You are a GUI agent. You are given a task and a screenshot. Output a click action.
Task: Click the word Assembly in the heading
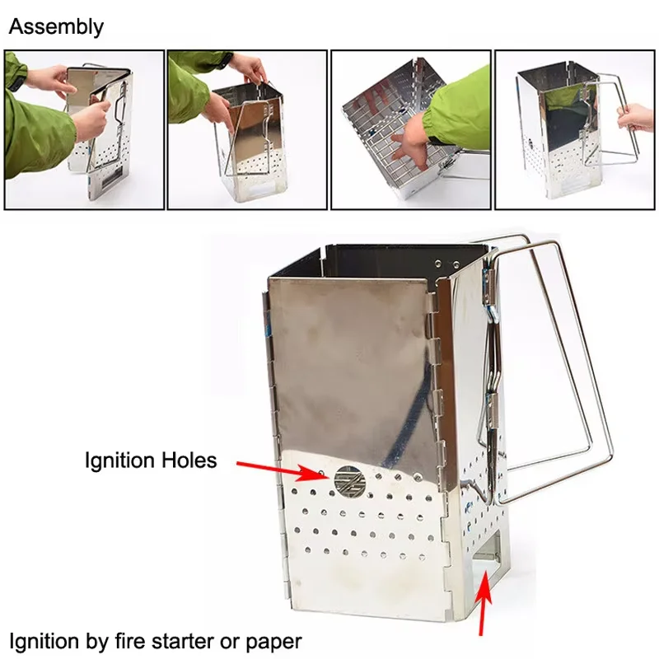click(56, 28)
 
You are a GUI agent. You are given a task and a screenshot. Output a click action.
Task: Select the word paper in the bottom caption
click(273, 643)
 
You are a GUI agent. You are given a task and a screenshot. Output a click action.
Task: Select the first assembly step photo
click(84, 130)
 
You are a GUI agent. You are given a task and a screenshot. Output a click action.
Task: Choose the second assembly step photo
click(247, 130)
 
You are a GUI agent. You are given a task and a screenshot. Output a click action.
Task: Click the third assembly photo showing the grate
click(411, 130)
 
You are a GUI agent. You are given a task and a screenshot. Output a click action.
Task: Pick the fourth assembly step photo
click(574, 130)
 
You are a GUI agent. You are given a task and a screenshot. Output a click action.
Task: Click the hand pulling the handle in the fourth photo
click(635, 117)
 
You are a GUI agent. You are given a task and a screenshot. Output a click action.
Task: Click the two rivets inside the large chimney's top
click(446, 264)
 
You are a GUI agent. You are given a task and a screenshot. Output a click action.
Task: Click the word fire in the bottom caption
click(131, 642)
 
